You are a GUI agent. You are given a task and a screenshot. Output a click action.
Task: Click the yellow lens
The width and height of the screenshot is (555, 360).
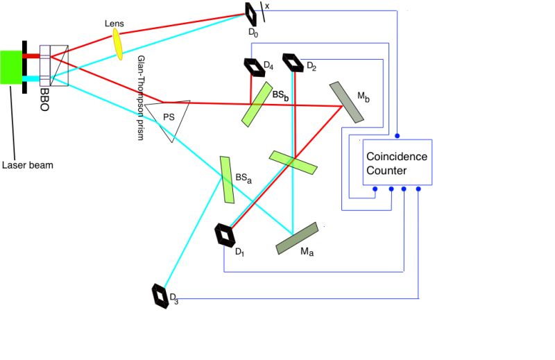tap(118, 44)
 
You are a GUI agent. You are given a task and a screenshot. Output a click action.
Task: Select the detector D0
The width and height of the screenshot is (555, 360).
tap(251, 11)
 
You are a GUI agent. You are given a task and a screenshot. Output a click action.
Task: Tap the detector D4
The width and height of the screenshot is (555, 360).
tap(250, 66)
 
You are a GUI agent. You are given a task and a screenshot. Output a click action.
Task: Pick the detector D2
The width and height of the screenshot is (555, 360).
tap(294, 63)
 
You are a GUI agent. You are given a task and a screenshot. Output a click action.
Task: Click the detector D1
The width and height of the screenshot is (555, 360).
tap(225, 234)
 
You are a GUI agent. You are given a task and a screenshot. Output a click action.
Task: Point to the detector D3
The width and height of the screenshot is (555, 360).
tap(161, 296)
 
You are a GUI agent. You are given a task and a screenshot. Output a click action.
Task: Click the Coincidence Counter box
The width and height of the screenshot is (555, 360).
tap(397, 162)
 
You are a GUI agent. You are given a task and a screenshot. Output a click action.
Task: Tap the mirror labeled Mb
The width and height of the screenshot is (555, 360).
tap(346, 102)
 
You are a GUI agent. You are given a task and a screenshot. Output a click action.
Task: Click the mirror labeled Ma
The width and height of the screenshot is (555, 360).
tap(297, 238)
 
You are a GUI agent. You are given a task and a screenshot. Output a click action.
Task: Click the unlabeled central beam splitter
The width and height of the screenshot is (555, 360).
tap(293, 161)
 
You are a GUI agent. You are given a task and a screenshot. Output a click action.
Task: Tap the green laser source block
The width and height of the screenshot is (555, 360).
tap(12, 67)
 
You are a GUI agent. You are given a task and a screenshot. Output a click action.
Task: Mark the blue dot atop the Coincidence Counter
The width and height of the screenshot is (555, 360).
tap(397, 135)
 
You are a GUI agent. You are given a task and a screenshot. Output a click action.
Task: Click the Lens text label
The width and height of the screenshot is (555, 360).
tap(114, 23)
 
